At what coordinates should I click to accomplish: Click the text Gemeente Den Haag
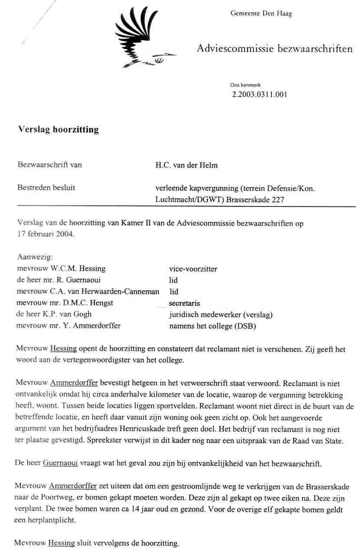click(x=261, y=13)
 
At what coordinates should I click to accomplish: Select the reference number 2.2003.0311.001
click(x=260, y=94)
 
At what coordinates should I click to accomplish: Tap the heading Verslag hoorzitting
click(x=58, y=129)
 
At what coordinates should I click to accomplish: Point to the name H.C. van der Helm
click(x=187, y=165)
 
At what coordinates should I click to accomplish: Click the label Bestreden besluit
click(x=46, y=187)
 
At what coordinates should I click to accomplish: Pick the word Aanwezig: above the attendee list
click(x=35, y=257)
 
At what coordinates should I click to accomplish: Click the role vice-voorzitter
click(x=193, y=269)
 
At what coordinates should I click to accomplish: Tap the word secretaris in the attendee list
click(x=184, y=303)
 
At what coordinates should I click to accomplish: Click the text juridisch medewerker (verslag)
click(x=220, y=314)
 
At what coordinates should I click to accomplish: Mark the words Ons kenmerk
click(x=245, y=85)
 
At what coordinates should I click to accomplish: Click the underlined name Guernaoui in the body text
click(x=60, y=463)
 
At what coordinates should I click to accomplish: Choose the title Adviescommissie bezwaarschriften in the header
click(x=275, y=49)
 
